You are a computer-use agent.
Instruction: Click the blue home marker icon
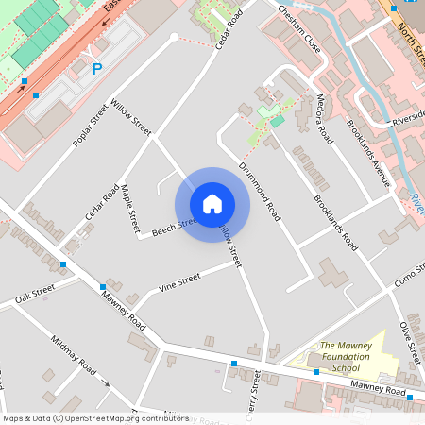click(x=212, y=204)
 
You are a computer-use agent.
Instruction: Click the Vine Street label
click(x=179, y=280)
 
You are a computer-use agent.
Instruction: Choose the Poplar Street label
click(x=91, y=127)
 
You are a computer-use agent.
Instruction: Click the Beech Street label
click(x=175, y=226)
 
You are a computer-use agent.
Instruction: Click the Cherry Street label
click(x=254, y=395)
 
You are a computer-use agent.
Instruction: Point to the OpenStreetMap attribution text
click(x=95, y=417)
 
